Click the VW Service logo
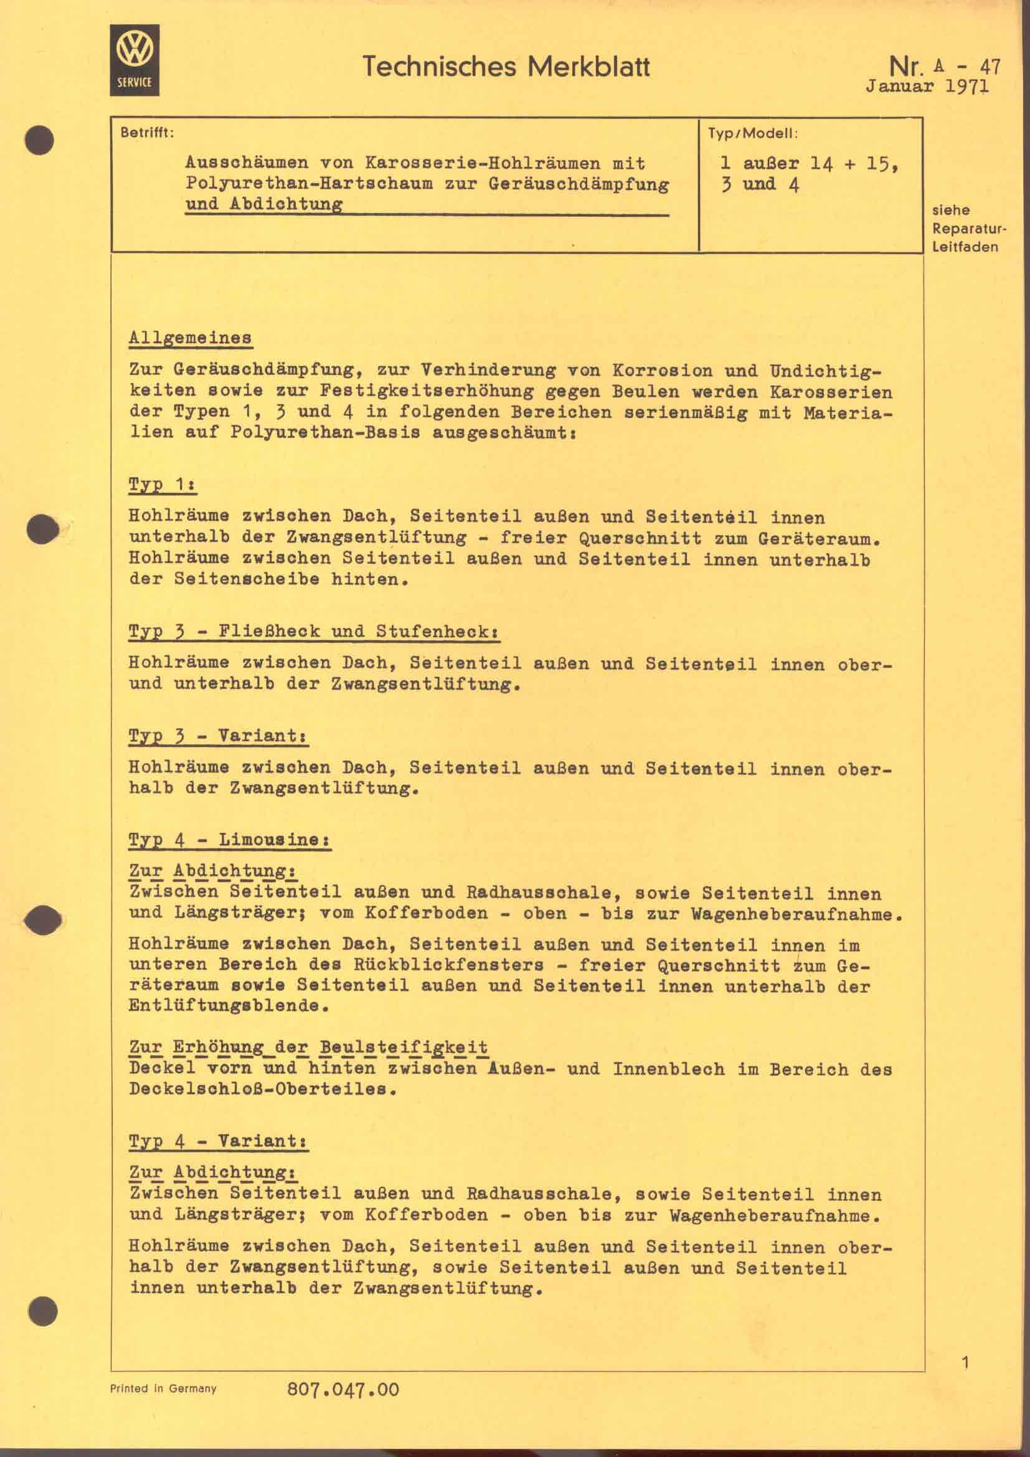pyautogui.click(x=135, y=60)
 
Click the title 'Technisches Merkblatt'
pyautogui.click(x=506, y=67)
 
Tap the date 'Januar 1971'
pyautogui.click(x=927, y=87)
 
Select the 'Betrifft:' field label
pyautogui.click(x=146, y=134)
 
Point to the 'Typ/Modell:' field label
pyautogui.click(x=752, y=134)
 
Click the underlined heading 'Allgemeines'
pyautogui.click(x=190, y=338)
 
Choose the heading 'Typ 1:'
pyautogui.click(x=163, y=485)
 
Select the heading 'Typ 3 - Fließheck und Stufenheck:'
pyautogui.click(x=314, y=632)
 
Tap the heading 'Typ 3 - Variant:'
pyautogui.click(x=218, y=736)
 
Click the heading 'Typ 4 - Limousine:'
pyautogui.click(x=230, y=840)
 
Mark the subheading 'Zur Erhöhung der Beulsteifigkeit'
pyautogui.click(x=308, y=1047)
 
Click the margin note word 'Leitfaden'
pyautogui.click(x=965, y=247)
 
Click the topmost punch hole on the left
pyautogui.click(x=40, y=140)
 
